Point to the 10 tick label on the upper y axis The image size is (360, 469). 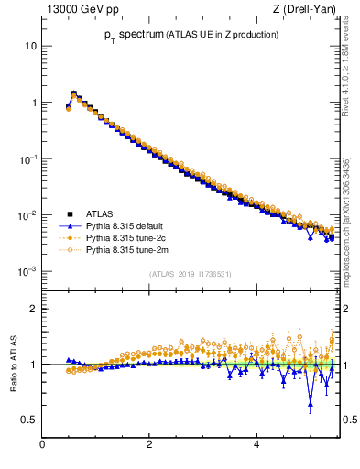coord(31,46)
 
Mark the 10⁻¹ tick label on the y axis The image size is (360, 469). coord(29,159)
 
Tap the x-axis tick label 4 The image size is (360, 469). coord(256,446)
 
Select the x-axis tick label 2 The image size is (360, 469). coord(149,446)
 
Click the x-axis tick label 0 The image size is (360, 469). coord(42,446)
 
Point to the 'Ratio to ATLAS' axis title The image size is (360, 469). coord(12,364)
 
